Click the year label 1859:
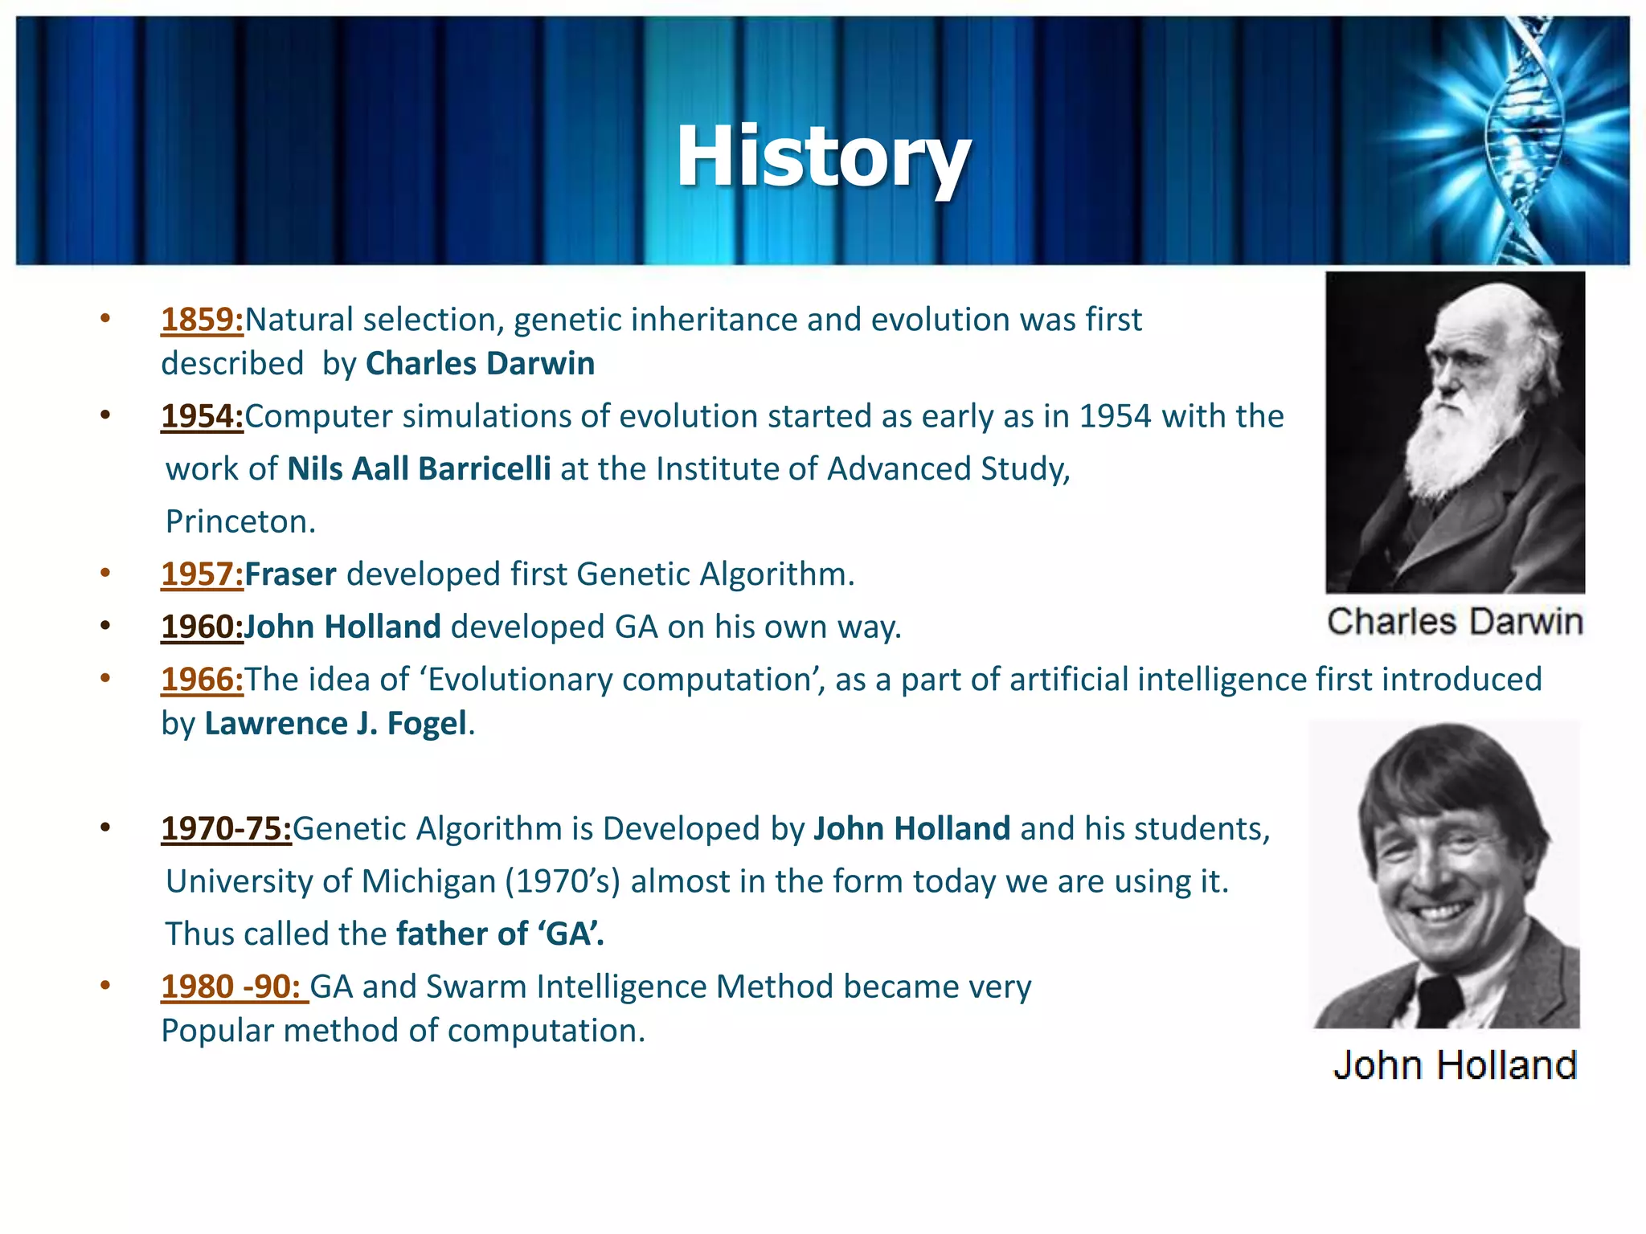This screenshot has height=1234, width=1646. [202, 320]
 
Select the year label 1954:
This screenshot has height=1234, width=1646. [202, 416]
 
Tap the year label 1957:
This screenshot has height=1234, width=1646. [202, 574]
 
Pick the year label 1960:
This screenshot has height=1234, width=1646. [202, 627]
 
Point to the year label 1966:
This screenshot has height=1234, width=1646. [202, 680]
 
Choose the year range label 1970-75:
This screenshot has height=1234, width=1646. [226, 829]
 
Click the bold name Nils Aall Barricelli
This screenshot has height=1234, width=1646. [419, 469]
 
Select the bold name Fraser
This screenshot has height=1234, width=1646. [290, 574]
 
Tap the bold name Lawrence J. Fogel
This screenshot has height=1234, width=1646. [335, 724]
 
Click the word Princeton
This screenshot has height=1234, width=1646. [240, 522]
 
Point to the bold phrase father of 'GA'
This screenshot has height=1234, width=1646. [500, 934]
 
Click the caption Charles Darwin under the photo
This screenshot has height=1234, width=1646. [1455, 622]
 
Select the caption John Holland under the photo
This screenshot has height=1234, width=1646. [1455, 1065]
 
